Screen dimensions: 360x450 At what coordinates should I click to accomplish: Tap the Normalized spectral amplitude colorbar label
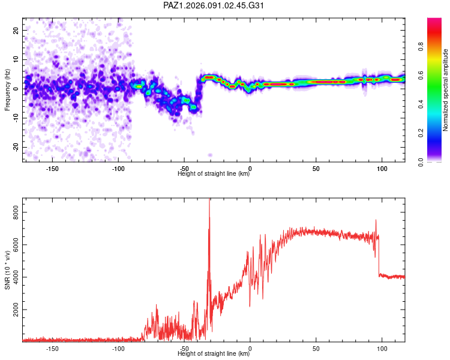pyautogui.click(x=446, y=90)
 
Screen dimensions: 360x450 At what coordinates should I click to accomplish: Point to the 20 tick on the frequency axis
pyautogui.click(x=16, y=30)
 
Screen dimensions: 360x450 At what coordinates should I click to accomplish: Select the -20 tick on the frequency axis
pyautogui.click(x=14, y=147)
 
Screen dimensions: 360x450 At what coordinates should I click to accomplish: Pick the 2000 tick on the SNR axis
pyautogui.click(x=12, y=310)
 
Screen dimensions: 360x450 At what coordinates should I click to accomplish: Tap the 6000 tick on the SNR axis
pyautogui.click(x=12, y=244)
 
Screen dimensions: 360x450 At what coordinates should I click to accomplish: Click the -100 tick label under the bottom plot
pyautogui.click(x=118, y=348)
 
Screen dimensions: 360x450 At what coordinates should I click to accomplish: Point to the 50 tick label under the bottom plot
pyautogui.click(x=316, y=348)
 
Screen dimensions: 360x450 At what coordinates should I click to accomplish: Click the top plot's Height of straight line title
pyautogui.click(x=214, y=174)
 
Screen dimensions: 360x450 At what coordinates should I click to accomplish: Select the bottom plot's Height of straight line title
pyautogui.click(x=214, y=353)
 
